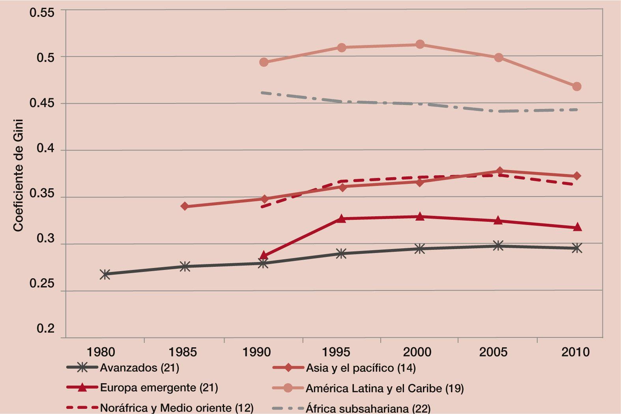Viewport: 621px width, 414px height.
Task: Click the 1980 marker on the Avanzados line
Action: click(x=105, y=274)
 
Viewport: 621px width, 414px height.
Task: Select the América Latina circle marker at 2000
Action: click(x=420, y=44)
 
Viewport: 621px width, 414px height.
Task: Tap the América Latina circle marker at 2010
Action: click(x=576, y=86)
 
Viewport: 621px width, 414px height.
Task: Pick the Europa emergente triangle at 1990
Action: click(x=264, y=256)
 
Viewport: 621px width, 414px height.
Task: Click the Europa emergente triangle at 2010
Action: click(x=577, y=227)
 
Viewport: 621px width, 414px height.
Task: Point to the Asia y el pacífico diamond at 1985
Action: click(x=185, y=206)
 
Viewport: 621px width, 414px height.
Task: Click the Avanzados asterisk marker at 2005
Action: click(x=498, y=246)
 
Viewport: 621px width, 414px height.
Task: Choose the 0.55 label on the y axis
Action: click(x=42, y=12)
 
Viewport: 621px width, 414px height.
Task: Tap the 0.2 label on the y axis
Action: click(x=46, y=328)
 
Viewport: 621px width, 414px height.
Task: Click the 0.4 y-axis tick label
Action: click(x=46, y=148)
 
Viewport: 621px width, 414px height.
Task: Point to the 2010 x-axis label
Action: click(x=575, y=352)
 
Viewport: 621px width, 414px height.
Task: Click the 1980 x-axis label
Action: click(x=101, y=352)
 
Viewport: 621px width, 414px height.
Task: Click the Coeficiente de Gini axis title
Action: click(x=18, y=175)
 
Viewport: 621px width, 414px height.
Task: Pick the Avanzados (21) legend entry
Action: click(x=139, y=368)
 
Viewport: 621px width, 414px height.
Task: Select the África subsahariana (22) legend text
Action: click(x=368, y=408)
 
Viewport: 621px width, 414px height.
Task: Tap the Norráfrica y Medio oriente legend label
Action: click(x=177, y=408)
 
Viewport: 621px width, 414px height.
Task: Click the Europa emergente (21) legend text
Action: click(x=159, y=388)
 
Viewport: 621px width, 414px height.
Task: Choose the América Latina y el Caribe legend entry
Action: click(x=385, y=388)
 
